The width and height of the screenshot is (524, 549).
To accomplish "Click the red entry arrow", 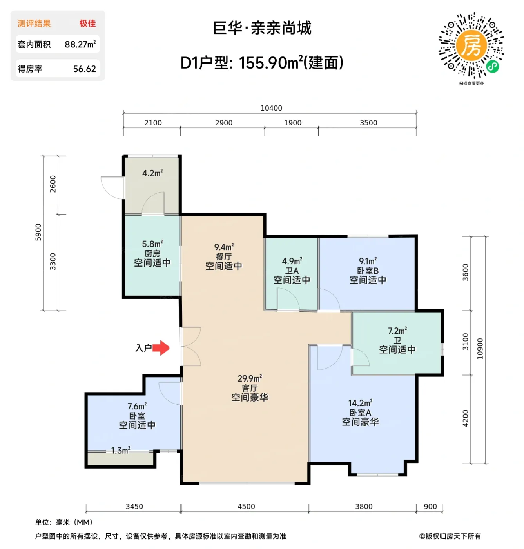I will (x=161, y=347).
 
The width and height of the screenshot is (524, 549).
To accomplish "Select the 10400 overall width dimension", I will (x=271, y=108).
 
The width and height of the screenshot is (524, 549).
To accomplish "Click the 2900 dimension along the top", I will (x=224, y=123).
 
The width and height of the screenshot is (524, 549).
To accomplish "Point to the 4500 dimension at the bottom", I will (x=246, y=506).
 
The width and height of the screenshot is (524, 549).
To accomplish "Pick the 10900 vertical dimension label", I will (x=480, y=349).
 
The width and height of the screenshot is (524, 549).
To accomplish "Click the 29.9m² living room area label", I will (x=250, y=378).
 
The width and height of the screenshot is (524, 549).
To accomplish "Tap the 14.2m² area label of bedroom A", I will (x=360, y=403).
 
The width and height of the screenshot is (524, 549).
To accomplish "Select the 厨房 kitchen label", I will (x=152, y=254).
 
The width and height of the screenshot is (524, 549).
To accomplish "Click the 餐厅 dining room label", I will (x=223, y=257).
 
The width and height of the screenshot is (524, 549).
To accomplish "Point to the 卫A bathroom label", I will (x=292, y=271).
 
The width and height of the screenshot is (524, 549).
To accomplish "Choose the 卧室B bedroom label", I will (x=368, y=271).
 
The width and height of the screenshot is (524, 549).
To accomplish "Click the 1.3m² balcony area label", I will (x=120, y=451).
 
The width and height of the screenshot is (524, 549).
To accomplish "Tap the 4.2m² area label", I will (x=152, y=173).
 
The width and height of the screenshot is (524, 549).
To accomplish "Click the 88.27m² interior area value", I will (x=80, y=44).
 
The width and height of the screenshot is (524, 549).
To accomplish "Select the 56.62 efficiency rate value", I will (x=84, y=69).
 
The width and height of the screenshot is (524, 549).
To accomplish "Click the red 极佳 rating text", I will (x=87, y=24).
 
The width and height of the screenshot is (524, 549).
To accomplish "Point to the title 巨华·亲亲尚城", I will (x=262, y=28).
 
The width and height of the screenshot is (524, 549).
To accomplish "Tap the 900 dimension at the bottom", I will (x=430, y=506).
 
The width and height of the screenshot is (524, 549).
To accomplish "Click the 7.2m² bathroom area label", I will (x=397, y=331).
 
